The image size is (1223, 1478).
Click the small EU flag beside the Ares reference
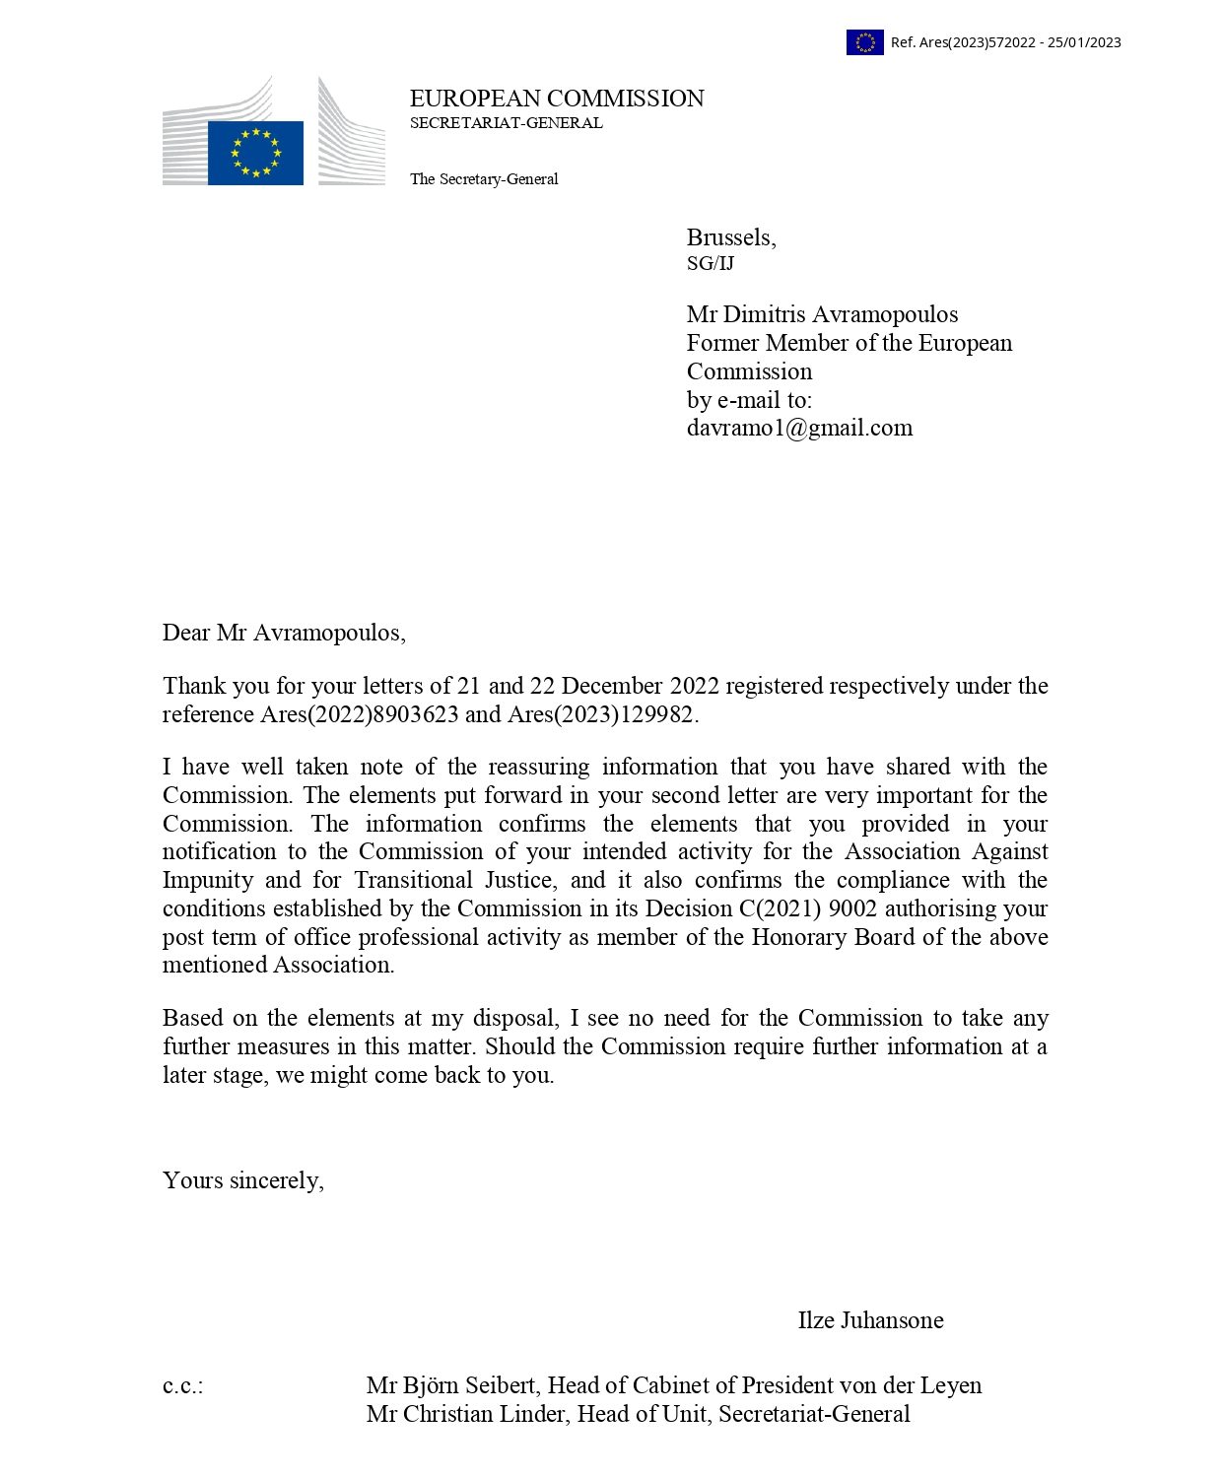[864, 42]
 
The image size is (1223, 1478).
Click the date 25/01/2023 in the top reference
[1084, 42]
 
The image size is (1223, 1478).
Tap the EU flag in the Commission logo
[255, 153]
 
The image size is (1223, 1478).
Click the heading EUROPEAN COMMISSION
[557, 99]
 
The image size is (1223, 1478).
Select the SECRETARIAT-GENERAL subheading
[506, 123]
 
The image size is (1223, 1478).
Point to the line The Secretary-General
[484, 179]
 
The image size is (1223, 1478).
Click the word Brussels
[730, 237]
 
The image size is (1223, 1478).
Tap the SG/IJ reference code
[711, 264]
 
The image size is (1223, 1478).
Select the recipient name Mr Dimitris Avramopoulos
[822, 314]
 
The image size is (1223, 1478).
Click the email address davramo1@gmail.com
[799, 428]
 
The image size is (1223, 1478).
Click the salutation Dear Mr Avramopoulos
[284, 633]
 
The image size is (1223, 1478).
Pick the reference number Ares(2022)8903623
[359, 714]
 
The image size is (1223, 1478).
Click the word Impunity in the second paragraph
[207, 880]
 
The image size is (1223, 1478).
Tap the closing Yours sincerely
[242, 1180]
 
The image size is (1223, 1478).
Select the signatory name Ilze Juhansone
[870, 1320]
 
